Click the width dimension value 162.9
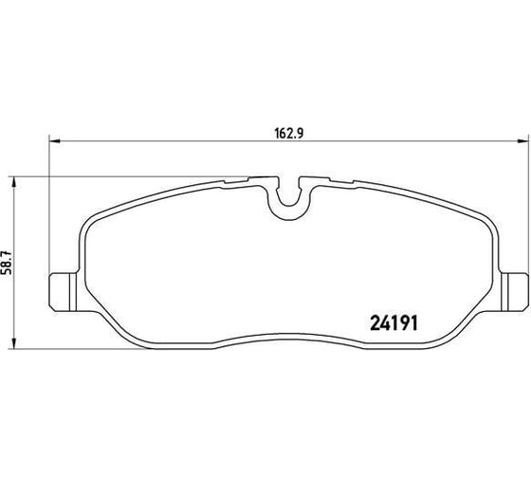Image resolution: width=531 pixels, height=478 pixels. coord(288,133)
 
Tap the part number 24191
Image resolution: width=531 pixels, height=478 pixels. coord(394,323)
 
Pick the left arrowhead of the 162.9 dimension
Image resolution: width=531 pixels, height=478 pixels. coord(55,140)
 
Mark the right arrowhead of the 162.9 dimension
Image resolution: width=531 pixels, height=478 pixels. coord(522,140)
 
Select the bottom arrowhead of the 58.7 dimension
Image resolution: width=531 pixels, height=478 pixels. coord(13,342)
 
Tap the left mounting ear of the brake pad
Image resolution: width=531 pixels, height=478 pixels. coord(63,292)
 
